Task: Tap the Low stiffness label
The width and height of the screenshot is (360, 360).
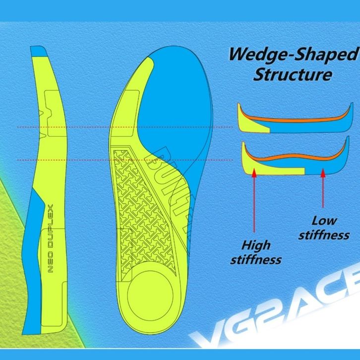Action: tap(324, 228)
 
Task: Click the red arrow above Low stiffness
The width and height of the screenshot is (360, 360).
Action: tap(323, 188)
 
